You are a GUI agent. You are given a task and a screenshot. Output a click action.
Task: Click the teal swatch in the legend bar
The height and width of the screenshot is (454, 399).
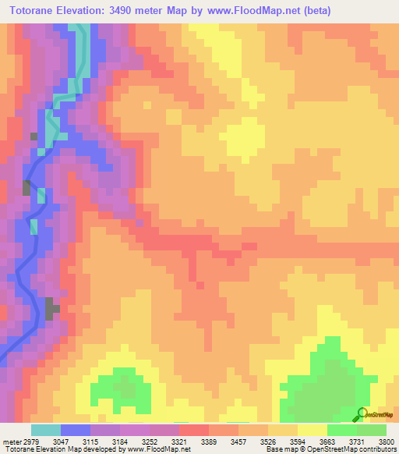point(46,430)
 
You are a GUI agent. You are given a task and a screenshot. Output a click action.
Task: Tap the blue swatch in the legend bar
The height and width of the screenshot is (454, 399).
point(76,430)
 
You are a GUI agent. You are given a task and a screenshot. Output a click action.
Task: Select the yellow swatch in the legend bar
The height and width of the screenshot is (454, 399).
point(312,430)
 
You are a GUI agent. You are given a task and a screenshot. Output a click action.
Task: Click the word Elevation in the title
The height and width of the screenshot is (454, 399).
point(91,10)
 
